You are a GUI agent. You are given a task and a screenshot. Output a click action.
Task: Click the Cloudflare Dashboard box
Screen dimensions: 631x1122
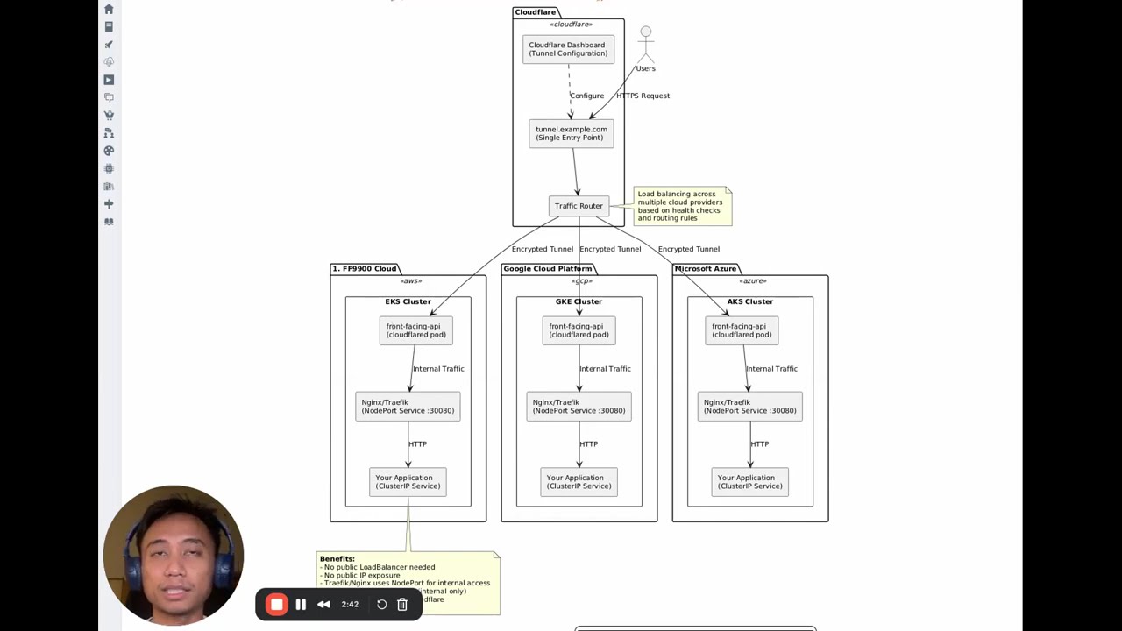pyautogui.click(x=568, y=49)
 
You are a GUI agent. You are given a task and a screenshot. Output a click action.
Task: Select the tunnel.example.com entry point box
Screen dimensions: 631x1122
pyautogui.click(x=571, y=133)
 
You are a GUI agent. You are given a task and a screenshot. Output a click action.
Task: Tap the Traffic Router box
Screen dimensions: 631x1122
pyautogui.click(x=579, y=206)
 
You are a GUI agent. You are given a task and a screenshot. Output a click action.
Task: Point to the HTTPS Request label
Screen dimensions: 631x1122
pyautogui.click(x=643, y=96)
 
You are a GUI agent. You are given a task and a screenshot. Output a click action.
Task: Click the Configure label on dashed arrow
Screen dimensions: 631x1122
pyautogui.click(x=586, y=96)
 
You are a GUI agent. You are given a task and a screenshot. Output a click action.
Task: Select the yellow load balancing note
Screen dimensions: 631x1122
pyautogui.click(x=681, y=206)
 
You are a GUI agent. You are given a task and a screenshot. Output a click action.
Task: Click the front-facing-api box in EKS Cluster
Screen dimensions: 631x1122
pyautogui.click(x=415, y=330)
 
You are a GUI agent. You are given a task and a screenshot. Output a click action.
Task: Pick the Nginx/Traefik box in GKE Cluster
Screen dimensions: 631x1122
pyautogui.click(x=579, y=407)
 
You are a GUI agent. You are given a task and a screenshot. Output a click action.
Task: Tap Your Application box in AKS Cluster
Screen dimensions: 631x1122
pyautogui.click(x=749, y=482)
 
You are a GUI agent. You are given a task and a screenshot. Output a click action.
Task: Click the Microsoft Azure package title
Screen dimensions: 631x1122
pyautogui.click(x=705, y=269)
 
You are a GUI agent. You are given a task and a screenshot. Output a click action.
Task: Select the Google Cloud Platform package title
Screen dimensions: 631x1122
pyautogui.click(x=547, y=269)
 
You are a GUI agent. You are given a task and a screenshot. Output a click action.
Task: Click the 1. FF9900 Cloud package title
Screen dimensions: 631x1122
pyautogui.click(x=364, y=269)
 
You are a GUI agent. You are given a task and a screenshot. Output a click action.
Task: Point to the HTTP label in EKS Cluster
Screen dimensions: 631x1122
pyautogui.click(x=417, y=444)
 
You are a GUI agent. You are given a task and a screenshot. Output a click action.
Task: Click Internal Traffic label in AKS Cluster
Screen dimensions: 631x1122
pyautogui.click(x=771, y=369)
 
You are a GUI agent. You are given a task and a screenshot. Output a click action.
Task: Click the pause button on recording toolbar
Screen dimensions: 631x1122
pyautogui.click(x=301, y=605)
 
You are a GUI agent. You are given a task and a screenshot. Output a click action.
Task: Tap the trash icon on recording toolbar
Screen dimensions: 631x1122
pyautogui.click(x=402, y=605)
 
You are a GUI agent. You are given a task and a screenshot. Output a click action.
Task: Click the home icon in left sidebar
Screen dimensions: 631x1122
pyautogui.click(x=109, y=9)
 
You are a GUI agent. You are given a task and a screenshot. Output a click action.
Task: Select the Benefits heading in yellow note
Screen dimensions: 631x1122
pyautogui.click(x=337, y=559)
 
